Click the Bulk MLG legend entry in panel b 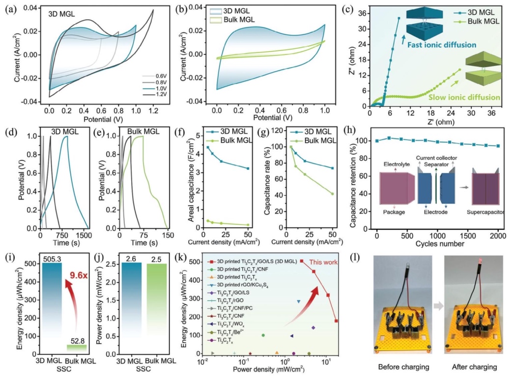click(233, 20)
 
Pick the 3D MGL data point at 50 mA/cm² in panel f click(248, 168)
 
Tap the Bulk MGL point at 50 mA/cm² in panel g click(332, 193)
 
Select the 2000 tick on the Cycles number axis click(498, 234)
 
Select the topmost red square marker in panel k click(302, 261)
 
